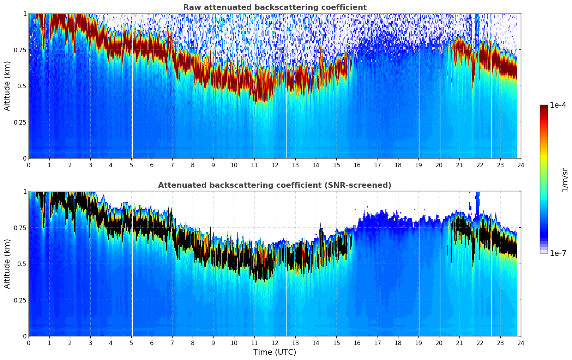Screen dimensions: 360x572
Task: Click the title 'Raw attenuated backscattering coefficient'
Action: click(275, 7)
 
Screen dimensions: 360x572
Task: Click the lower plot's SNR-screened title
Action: click(275, 185)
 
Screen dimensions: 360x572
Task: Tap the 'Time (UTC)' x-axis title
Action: click(275, 352)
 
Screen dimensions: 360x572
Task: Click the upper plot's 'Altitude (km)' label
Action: click(7, 86)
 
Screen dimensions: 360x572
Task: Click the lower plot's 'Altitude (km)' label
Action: click(7, 264)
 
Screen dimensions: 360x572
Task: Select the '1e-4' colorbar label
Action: click(558, 105)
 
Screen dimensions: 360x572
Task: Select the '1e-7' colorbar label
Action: click(558, 253)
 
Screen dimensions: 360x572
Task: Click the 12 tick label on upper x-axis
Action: click(275, 165)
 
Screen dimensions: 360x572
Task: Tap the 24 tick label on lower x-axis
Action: click(520, 343)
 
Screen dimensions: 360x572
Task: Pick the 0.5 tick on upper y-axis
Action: click(22, 86)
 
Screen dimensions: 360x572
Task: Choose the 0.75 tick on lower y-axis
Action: click(20, 228)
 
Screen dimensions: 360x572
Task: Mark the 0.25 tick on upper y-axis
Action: click(20, 122)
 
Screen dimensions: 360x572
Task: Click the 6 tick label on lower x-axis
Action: click(152, 343)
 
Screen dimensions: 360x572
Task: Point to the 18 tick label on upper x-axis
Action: click(398, 165)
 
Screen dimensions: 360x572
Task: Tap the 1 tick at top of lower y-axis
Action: click(25, 192)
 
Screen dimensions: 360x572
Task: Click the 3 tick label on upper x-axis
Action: click(90, 165)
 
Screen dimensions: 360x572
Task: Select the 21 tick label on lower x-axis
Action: click(459, 343)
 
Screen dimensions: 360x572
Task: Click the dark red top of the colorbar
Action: click(543, 108)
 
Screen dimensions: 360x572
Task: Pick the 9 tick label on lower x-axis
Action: click(213, 343)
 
